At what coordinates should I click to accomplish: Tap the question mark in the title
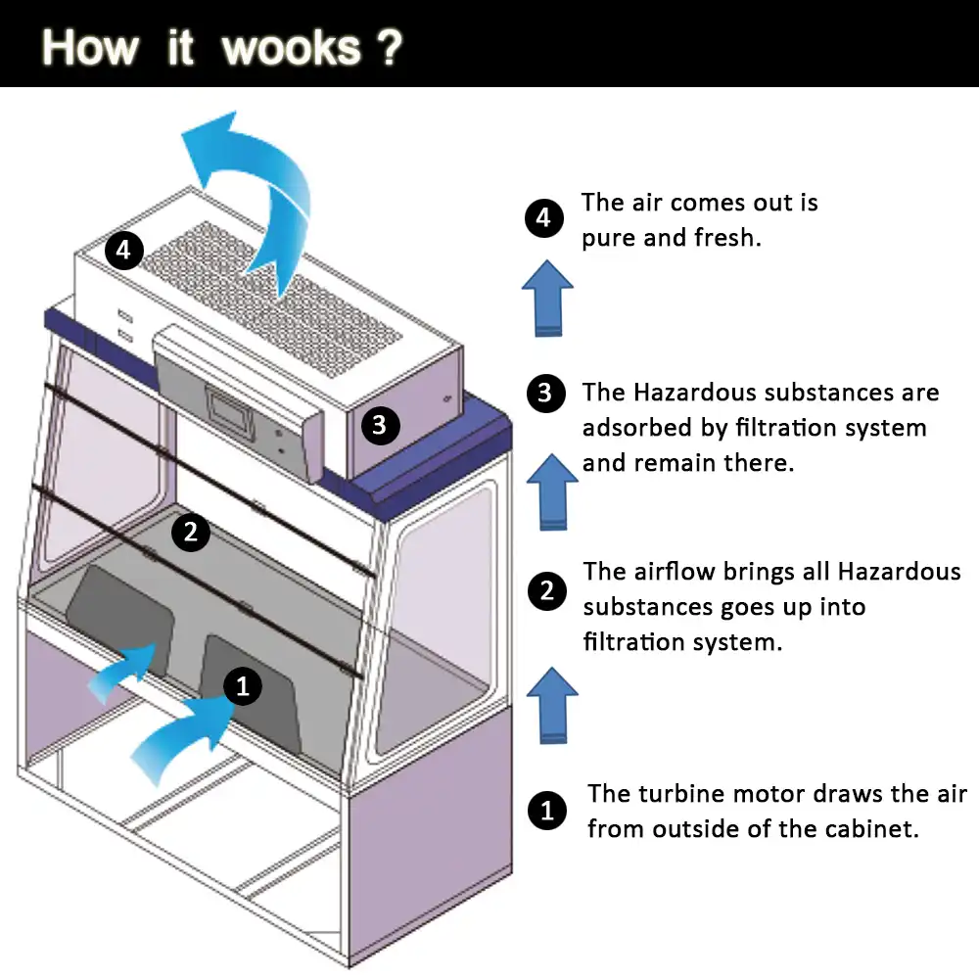[389, 47]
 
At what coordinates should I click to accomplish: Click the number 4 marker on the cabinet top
[122, 251]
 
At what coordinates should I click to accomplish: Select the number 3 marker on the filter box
[380, 425]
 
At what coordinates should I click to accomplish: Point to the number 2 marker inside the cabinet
[191, 532]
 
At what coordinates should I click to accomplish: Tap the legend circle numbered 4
[543, 218]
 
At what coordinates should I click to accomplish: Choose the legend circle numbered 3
[544, 394]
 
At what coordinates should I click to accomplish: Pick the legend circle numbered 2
[546, 590]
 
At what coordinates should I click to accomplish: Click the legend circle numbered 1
[546, 811]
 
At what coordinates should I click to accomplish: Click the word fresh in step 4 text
[726, 238]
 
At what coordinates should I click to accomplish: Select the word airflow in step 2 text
[687, 571]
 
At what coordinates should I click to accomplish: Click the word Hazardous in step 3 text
[695, 393]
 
